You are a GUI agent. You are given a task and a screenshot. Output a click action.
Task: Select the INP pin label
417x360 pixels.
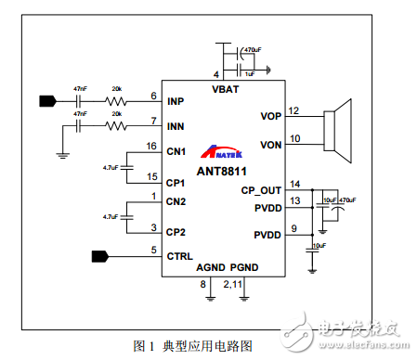click(x=176, y=100)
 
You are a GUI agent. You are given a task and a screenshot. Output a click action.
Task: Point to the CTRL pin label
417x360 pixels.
click(x=180, y=253)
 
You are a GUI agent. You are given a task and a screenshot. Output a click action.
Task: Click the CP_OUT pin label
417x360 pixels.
click(x=261, y=189)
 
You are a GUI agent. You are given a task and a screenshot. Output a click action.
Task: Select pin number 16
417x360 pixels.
click(x=151, y=146)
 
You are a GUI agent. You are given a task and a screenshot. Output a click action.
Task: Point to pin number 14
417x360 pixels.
click(x=295, y=184)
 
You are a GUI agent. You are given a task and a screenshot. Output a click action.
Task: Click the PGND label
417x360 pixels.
click(x=244, y=268)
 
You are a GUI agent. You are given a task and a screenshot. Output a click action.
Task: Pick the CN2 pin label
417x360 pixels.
click(x=176, y=201)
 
